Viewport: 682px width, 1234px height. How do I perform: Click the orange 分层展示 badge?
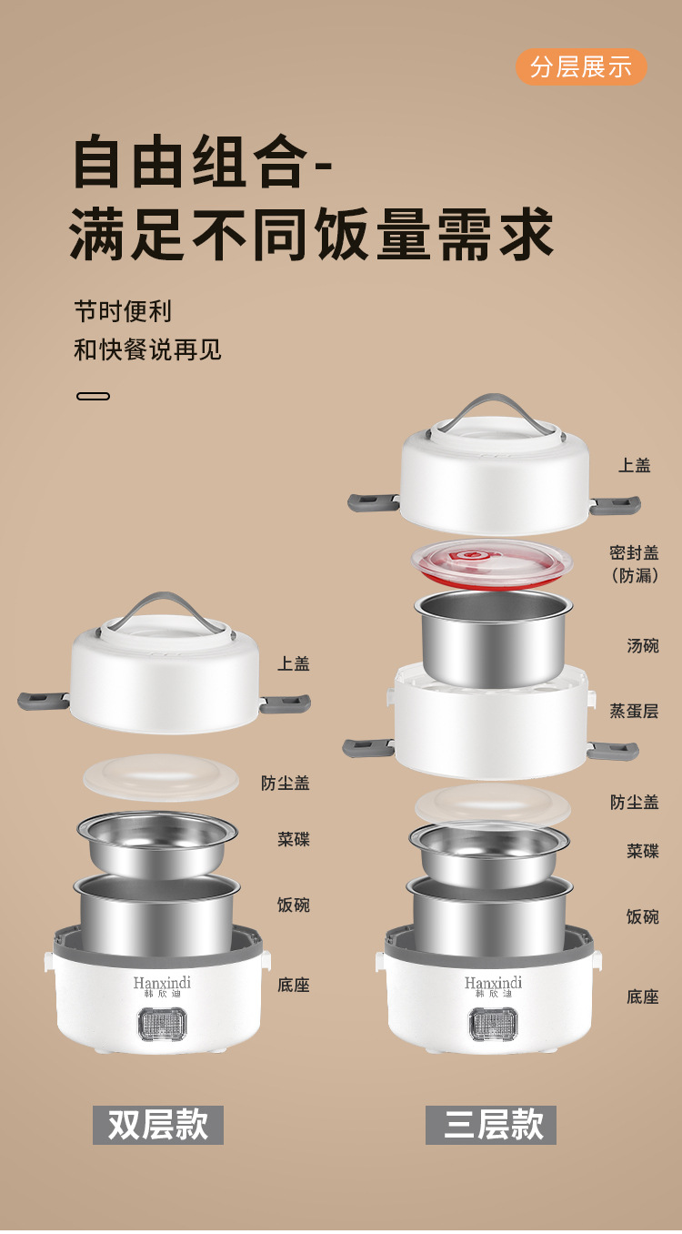pyautogui.click(x=581, y=67)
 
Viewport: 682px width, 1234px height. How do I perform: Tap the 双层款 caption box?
pyautogui.click(x=158, y=1125)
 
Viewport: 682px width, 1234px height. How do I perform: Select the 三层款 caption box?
pyautogui.click(x=491, y=1125)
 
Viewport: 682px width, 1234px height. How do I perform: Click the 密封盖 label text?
pyautogui.click(x=634, y=553)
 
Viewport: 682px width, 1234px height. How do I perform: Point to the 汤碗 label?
pyautogui.click(x=643, y=645)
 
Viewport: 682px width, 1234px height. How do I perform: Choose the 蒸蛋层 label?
pyautogui.click(x=634, y=711)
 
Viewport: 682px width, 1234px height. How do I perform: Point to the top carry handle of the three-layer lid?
pyautogui.click(x=494, y=410)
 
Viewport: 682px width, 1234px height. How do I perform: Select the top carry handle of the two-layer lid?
pyautogui.click(x=164, y=608)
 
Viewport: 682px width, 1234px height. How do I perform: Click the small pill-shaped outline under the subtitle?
pyautogui.click(x=94, y=397)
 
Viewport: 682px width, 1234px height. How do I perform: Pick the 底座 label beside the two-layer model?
pyautogui.click(x=294, y=985)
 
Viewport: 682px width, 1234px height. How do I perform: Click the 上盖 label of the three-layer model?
pyautogui.click(x=635, y=465)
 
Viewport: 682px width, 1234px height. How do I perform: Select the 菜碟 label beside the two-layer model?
pyautogui.click(x=294, y=839)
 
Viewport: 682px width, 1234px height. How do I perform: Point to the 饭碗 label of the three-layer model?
pyautogui.click(x=643, y=916)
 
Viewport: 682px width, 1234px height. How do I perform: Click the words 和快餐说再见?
pyautogui.click(x=147, y=349)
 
